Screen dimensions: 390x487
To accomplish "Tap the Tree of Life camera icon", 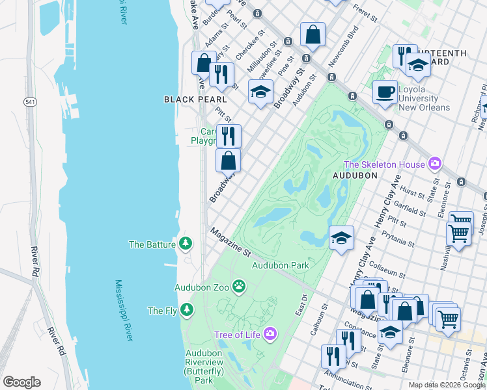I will click(x=270, y=334).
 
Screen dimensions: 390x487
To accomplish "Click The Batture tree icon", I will click(x=187, y=244).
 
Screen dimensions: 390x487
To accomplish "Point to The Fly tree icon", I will click(x=187, y=310).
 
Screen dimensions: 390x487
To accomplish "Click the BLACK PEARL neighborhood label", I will click(x=195, y=99).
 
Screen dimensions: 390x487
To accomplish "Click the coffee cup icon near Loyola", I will click(x=385, y=91).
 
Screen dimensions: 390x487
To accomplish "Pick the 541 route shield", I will click(x=30, y=103).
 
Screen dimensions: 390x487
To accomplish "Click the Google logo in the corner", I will click(x=21, y=382).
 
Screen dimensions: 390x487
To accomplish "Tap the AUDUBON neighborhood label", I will click(x=355, y=176).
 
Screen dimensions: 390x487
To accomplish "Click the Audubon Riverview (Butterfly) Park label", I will click(x=195, y=367).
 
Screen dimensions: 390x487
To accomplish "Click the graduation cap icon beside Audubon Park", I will click(x=341, y=237).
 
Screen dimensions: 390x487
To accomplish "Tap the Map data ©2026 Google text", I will click(x=447, y=385).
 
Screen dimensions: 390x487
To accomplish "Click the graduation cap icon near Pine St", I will click(x=260, y=92).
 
